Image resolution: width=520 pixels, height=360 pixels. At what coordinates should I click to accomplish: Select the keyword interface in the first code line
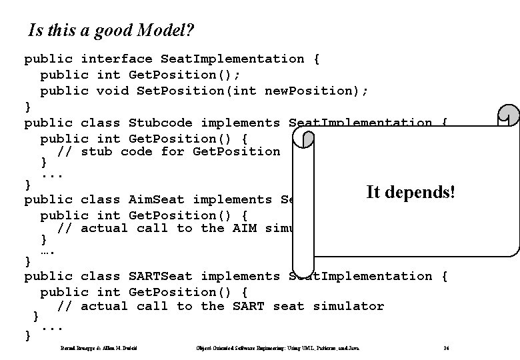pos(117,59)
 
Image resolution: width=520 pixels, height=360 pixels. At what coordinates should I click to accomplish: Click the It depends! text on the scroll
pos(411,193)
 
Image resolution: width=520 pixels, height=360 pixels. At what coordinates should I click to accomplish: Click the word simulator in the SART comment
pos(348,306)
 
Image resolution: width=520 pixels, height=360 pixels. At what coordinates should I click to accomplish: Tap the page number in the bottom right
pos(445,349)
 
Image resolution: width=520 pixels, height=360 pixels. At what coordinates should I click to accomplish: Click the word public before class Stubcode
pos(48,123)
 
